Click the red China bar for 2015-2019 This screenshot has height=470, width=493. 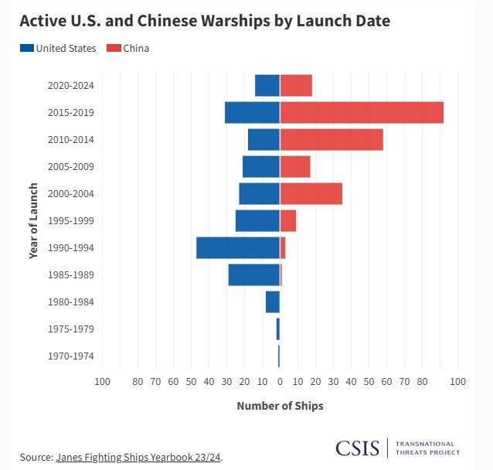[362, 112]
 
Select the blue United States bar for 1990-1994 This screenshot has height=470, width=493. [238, 247]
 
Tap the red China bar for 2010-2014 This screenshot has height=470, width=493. [331, 139]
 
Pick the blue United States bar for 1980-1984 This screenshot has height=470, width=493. [273, 301]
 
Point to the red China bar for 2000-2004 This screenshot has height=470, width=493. [311, 193]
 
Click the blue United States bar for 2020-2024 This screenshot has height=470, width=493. [267, 85]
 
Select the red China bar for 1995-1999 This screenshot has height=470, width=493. [287, 220]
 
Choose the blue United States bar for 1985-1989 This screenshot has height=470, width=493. [253, 274]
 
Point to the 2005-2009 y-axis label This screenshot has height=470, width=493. [70, 166]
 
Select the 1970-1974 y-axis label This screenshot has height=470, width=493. [70, 356]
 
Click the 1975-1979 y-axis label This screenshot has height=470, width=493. [70, 329]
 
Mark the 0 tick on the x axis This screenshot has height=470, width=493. [280, 381]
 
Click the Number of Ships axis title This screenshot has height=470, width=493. [280, 406]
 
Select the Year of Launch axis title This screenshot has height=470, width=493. [33, 220]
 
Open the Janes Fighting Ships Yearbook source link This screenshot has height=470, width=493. [138, 457]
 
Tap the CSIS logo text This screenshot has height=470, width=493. [357, 448]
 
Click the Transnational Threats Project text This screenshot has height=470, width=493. [427, 448]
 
